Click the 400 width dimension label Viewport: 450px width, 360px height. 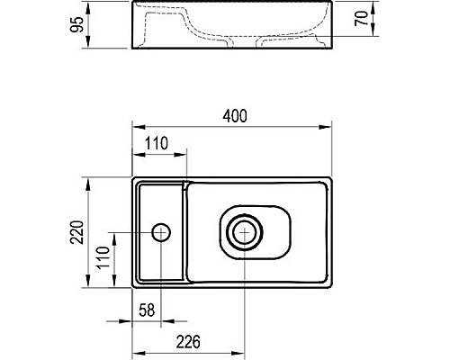tap(235, 116)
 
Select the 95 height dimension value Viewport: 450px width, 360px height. tap(76, 24)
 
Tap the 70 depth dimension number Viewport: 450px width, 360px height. tap(361, 18)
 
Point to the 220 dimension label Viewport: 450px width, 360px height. tap(76, 232)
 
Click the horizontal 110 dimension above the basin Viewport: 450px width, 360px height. tap(157, 143)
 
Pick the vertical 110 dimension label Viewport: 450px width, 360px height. tap(103, 257)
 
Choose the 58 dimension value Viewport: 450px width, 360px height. tap(147, 310)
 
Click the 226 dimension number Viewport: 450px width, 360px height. tap(188, 342)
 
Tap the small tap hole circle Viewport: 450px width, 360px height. tap(161, 232)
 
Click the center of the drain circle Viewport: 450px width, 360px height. tap(245, 232)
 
